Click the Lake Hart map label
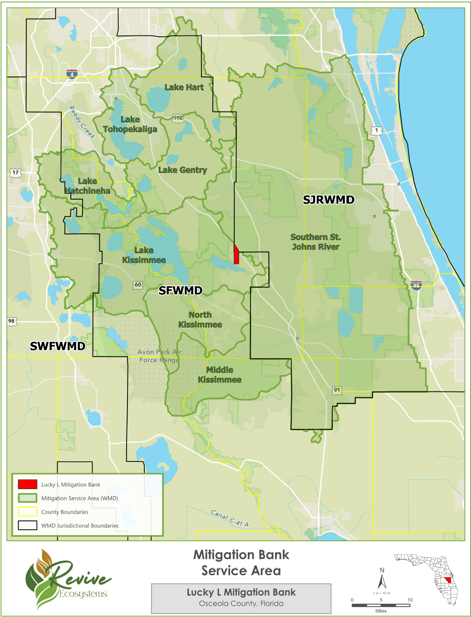point(184,87)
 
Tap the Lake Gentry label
point(182,170)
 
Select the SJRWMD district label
point(329,200)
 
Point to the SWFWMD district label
point(58,346)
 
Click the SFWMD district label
point(180,290)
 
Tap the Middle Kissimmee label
point(220,375)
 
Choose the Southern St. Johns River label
point(315,242)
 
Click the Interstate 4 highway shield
point(72,74)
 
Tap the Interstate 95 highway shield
point(416,285)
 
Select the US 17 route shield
point(15,172)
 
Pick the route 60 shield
point(138,284)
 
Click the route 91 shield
point(337,390)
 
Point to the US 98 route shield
point(11,321)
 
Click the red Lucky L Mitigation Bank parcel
point(236,255)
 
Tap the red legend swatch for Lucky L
point(27,484)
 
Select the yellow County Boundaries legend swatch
point(27,512)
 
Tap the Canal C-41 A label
point(230,518)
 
